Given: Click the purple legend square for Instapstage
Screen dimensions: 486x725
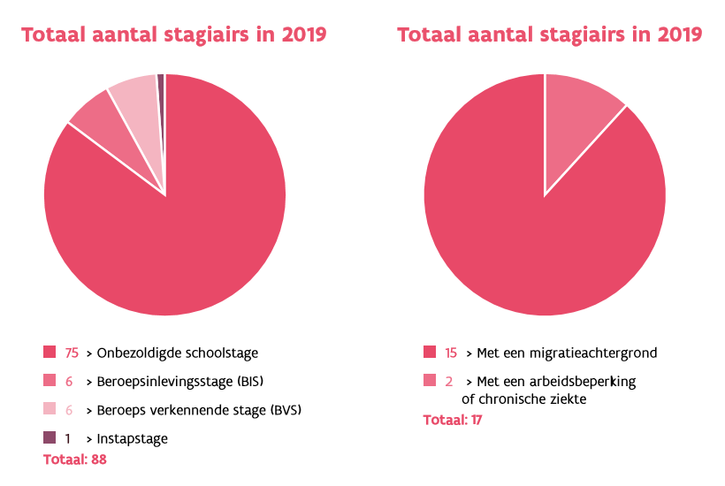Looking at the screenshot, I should tap(50, 437).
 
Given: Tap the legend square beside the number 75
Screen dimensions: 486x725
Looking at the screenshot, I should tap(50, 353).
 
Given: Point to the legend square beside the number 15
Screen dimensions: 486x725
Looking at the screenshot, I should tap(430, 353).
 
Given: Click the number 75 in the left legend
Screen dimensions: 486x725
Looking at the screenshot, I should tap(72, 353).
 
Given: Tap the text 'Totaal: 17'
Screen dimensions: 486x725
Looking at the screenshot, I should tap(453, 420).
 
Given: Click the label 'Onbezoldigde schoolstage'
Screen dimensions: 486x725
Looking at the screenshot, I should tap(179, 353).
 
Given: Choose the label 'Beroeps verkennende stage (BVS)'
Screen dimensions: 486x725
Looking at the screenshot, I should tap(204, 410).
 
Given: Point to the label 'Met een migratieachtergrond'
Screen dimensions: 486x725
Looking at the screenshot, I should tap(567, 353).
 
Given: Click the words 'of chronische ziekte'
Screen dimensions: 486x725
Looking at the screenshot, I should tap(523, 399).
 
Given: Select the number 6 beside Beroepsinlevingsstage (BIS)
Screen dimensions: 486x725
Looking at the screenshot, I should tap(68, 382).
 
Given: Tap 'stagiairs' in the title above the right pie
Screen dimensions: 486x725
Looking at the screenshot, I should tap(601, 35).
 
